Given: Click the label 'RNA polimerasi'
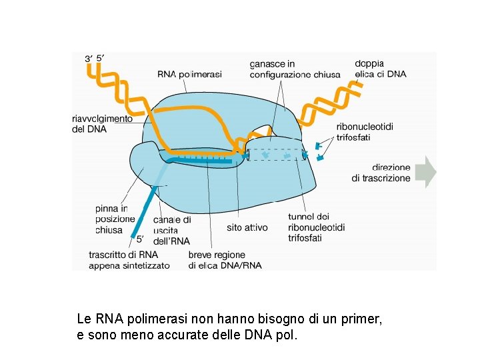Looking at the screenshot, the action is click(189, 74).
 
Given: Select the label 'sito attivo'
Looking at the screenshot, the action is click(247, 227).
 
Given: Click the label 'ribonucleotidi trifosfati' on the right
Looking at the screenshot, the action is click(365, 132).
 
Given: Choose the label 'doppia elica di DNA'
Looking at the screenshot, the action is click(380, 69).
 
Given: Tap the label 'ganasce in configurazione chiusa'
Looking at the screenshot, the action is click(294, 69).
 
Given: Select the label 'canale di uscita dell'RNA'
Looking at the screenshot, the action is click(172, 230).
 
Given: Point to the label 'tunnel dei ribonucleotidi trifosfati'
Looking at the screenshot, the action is click(317, 227).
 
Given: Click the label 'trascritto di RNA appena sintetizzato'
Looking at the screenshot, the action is click(129, 260).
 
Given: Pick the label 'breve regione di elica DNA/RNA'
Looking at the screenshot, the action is click(225, 260).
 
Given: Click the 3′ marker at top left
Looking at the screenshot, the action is click(88, 59).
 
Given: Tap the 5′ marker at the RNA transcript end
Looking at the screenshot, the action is click(140, 238).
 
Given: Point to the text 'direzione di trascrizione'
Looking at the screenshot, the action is click(381, 173).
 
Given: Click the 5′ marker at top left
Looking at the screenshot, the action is click(100, 58).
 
